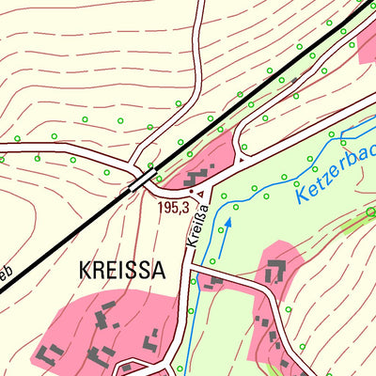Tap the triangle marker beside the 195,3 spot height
tap(199, 192)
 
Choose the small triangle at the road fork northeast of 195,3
tap(242, 161)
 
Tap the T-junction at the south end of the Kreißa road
tap(190, 268)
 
